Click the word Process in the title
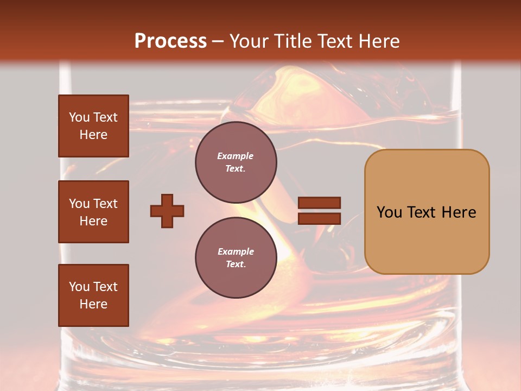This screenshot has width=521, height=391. pos(170,41)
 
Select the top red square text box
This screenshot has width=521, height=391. pos(93,126)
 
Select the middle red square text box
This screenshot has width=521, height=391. pos(93,212)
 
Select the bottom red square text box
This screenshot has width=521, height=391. pos(93,295)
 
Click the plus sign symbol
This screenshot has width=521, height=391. pos(167,211)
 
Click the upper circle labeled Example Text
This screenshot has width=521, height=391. pos(236,162)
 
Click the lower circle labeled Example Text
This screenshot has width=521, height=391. pos(236,258)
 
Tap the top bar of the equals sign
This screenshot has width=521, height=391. pos(319,203)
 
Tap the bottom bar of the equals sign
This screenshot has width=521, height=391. pos(319,218)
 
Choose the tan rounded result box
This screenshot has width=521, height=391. pos(427,212)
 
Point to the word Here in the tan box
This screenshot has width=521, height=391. pos(459,212)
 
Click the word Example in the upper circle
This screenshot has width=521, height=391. pos(236,156)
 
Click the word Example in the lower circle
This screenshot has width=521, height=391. pos(236,251)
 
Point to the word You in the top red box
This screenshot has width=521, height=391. pos(79,117)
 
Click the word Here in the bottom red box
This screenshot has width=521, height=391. pos(93,304)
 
